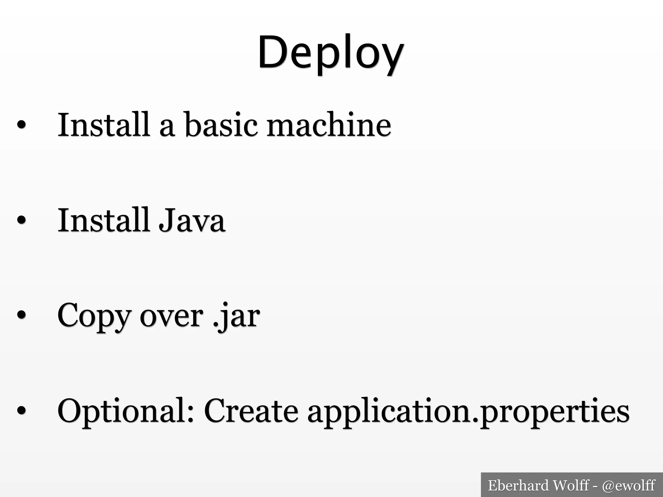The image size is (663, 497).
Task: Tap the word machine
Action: click(329, 125)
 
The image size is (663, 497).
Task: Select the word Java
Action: click(191, 220)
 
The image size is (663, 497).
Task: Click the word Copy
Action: click(94, 315)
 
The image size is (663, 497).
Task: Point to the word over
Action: click(171, 315)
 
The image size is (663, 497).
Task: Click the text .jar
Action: click(236, 315)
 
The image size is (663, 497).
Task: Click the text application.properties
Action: click(468, 411)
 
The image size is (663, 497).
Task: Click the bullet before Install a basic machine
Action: click(21, 125)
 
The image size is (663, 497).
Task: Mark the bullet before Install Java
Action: click(21, 221)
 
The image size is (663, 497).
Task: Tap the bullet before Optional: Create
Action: click(21, 411)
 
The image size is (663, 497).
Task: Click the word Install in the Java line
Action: click(103, 220)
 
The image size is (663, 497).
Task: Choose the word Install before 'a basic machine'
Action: click(103, 125)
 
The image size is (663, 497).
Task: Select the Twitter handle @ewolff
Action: click(628, 485)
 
